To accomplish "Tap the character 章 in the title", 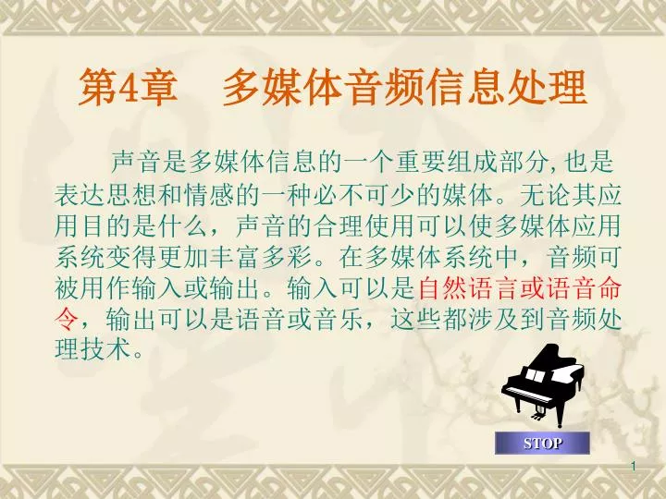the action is pos(158,88).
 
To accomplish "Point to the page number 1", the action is pos(634,467).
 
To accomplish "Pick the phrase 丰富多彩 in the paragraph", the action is pos(260,257).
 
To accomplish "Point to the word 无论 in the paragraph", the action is pos(545,195).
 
